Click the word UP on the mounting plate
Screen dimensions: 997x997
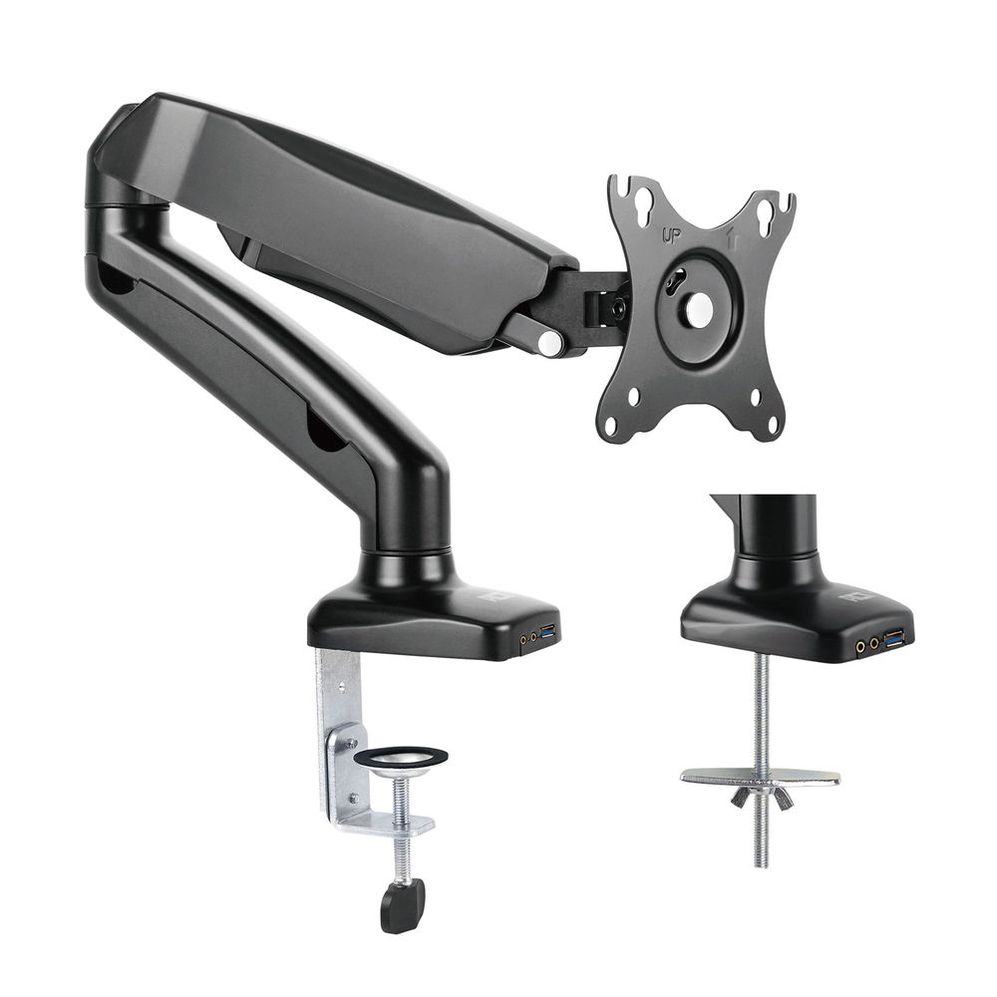672,237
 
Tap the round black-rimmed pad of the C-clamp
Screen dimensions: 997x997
401,758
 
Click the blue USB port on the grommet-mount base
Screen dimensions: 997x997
893,637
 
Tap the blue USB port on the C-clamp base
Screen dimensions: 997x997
547,632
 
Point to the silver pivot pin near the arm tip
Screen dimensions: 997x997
550,342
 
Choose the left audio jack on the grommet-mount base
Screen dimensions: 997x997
859,646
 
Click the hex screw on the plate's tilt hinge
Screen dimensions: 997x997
618,309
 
